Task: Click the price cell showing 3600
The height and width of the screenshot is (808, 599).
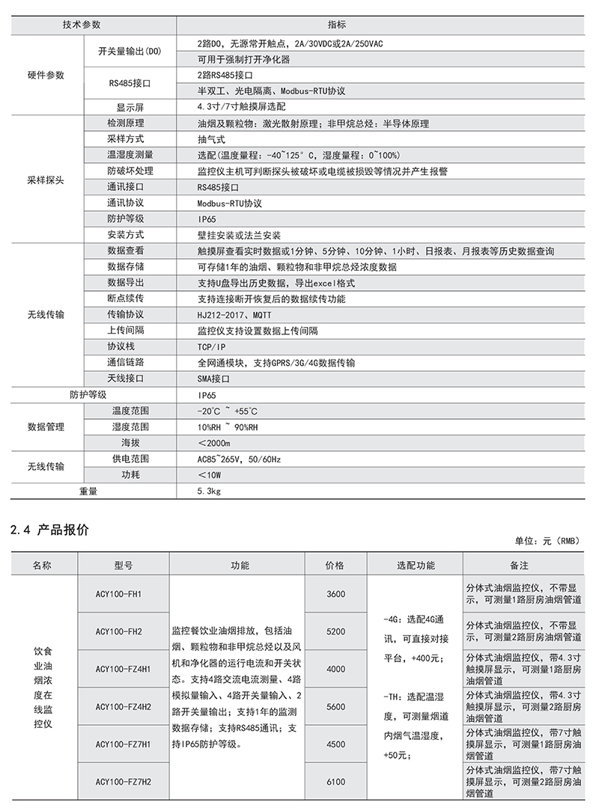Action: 336,594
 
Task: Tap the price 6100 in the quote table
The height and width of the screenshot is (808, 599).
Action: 336,781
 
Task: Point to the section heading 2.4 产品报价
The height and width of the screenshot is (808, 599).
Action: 51,530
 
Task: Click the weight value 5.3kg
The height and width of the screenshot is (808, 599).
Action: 209,492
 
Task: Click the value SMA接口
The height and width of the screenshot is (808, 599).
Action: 214,379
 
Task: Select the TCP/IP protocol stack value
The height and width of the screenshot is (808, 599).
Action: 211,346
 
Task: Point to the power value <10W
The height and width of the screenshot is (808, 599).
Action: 210,474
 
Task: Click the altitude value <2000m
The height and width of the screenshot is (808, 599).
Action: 214,443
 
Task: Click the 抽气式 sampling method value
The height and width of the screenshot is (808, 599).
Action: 211,139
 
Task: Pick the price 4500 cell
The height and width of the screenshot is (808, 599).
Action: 336,744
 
